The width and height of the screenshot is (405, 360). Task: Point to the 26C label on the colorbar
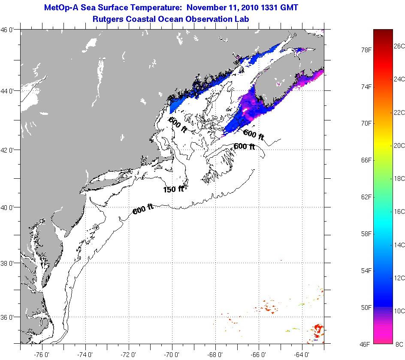click(399, 46)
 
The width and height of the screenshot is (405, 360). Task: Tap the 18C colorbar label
click(399, 178)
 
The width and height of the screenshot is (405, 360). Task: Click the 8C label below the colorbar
click(399, 344)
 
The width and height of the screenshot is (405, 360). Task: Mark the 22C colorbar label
click(399, 112)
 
